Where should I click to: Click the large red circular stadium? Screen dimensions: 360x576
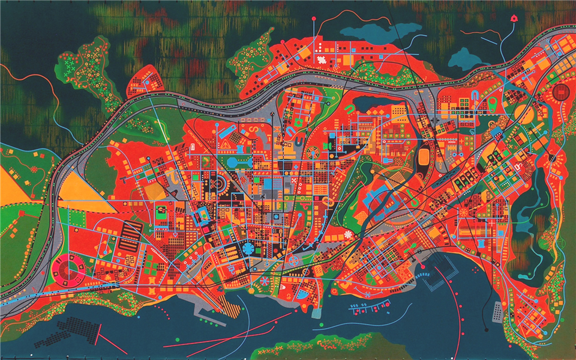[69, 269]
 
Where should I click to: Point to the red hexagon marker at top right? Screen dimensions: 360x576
[514, 19]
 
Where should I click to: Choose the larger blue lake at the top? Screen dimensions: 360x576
[379, 31]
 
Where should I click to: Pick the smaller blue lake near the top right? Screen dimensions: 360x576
[464, 59]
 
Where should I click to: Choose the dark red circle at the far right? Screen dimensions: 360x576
[560, 91]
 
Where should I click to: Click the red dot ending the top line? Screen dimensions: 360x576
[314, 20]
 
